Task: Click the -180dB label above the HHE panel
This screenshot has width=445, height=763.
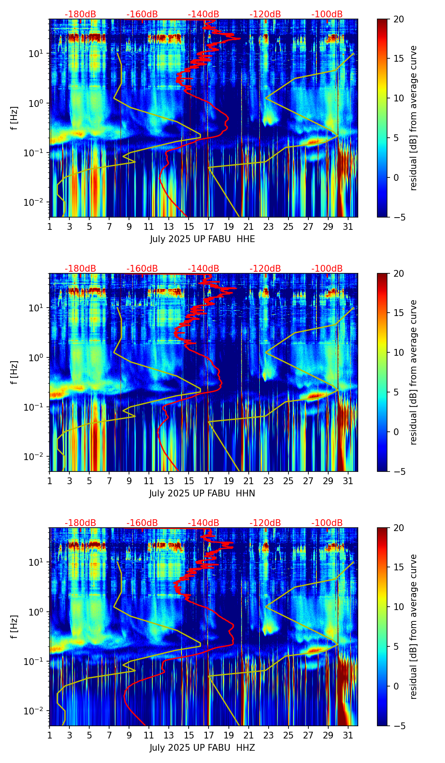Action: tap(80, 14)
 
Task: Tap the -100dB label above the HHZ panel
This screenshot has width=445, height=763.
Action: tap(327, 523)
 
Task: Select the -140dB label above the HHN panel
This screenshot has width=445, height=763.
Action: tap(203, 269)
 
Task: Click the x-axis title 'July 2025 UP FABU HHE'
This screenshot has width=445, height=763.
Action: tap(202, 239)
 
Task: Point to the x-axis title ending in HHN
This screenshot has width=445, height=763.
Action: tap(202, 493)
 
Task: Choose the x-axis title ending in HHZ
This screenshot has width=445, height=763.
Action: tap(202, 748)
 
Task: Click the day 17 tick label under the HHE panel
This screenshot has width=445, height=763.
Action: tap(209, 227)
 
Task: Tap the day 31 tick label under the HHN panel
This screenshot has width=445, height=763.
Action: tap(348, 481)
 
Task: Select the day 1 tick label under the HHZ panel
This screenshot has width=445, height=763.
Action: tap(49, 736)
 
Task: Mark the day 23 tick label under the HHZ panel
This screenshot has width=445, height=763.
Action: tap(268, 736)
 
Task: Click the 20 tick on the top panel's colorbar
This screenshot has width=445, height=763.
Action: tap(398, 19)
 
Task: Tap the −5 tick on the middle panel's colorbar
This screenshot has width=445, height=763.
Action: tap(398, 471)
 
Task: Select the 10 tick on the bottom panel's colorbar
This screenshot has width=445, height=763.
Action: tap(398, 607)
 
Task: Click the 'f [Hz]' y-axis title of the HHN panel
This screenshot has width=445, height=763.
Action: tap(15, 372)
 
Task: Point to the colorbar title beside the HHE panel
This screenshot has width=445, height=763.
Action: tap(414, 118)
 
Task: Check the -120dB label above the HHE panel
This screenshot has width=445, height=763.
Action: tap(265, 14)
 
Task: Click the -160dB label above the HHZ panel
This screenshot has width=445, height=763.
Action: tap(142, 523)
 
